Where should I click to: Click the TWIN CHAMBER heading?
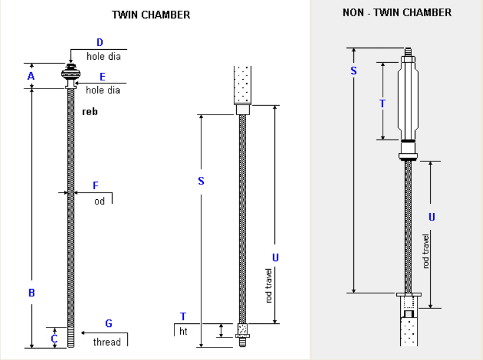pos(151,15)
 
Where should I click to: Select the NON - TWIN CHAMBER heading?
pos(397,12)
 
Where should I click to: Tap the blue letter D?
pos(100,42)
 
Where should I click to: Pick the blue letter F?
pos(95,186)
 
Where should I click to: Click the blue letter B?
pos(31,292)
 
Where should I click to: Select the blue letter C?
pos(54,339)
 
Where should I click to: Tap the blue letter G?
pos(108,323)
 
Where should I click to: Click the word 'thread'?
pos(107,342)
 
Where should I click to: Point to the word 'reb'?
pos(90,112)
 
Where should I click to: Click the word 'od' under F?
pos(100,201)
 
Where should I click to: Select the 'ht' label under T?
pos(183,331)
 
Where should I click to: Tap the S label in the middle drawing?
pos(201,181)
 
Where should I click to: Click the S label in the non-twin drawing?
pos(353,70)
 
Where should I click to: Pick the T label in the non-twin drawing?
pos(383,103)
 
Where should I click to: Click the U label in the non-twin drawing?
pos(431,217)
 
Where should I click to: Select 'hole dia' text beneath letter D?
pos(103,57)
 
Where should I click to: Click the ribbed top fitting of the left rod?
pos(70,74)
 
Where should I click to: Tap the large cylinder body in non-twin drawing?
pos(408,100)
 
